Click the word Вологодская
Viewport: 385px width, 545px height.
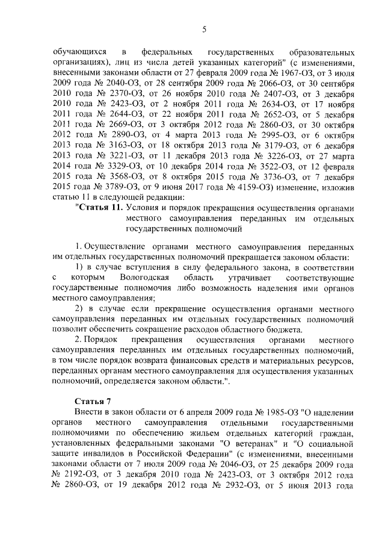click(146, 276)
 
